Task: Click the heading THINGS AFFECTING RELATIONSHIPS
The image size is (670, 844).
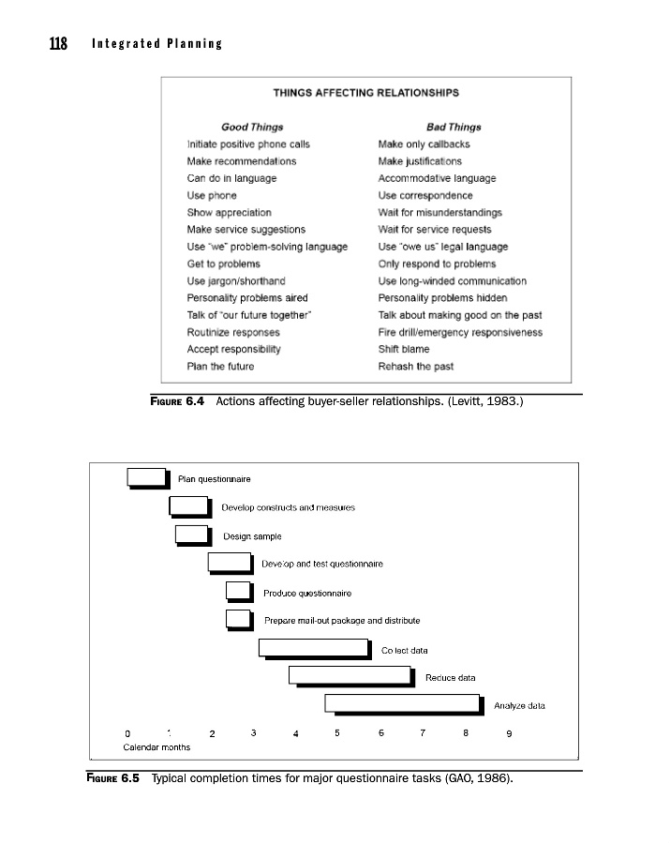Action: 365,93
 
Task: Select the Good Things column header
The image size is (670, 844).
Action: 252,127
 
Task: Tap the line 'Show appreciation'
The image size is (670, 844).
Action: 229,213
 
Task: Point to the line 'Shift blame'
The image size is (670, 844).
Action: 404,349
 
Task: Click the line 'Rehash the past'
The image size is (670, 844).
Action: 415,366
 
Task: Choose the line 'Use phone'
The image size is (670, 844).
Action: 212,195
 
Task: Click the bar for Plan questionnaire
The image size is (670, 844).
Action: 147,477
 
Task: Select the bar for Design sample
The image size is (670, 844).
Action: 191,535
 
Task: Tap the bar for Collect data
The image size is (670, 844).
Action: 314,647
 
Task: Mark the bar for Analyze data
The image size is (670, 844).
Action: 403,703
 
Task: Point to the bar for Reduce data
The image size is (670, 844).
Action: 350,675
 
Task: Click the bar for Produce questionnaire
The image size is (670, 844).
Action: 239,591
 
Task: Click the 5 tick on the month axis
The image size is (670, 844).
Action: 336,733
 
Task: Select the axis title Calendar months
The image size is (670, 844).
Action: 156,747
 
